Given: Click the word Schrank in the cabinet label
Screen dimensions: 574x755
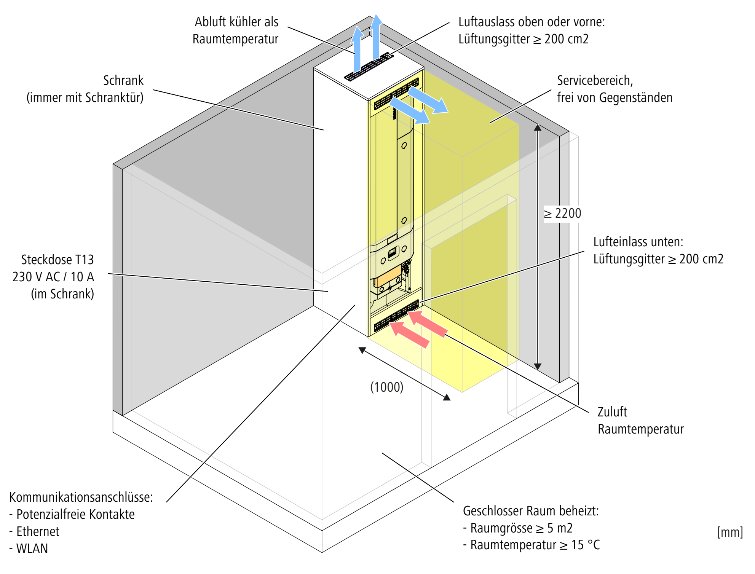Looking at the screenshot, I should (123, 81).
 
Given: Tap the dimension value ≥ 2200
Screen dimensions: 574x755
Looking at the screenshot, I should (562, 214).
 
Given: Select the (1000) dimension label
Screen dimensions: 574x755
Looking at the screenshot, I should (387, 387).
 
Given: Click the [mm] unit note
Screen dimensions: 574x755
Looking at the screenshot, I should (730, 532).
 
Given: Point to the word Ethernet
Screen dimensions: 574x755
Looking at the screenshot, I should (38, 531).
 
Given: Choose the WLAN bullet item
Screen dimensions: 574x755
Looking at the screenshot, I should (32, 548).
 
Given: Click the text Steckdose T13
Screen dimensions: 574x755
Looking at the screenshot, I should (57, 260).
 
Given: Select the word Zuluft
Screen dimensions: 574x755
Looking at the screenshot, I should (612, 412).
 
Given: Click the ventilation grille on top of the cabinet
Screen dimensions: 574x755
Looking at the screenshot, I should (369, 67).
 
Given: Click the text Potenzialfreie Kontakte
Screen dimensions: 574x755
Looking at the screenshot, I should (75, 514).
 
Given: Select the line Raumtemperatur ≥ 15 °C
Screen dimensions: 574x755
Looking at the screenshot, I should (535, 545).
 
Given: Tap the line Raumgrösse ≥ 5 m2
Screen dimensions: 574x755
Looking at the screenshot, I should (521, 528).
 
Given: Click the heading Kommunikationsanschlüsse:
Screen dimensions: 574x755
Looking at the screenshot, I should (81, 497).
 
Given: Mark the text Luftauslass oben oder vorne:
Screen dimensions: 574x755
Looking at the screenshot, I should (532, 22).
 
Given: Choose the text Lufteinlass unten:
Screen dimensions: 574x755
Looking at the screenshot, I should (638, 242).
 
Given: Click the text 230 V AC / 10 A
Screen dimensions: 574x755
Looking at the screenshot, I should (53, 277).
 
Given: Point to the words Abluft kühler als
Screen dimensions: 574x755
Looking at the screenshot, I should (236, 22).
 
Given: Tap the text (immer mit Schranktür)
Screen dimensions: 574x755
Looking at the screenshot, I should (85, 98).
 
